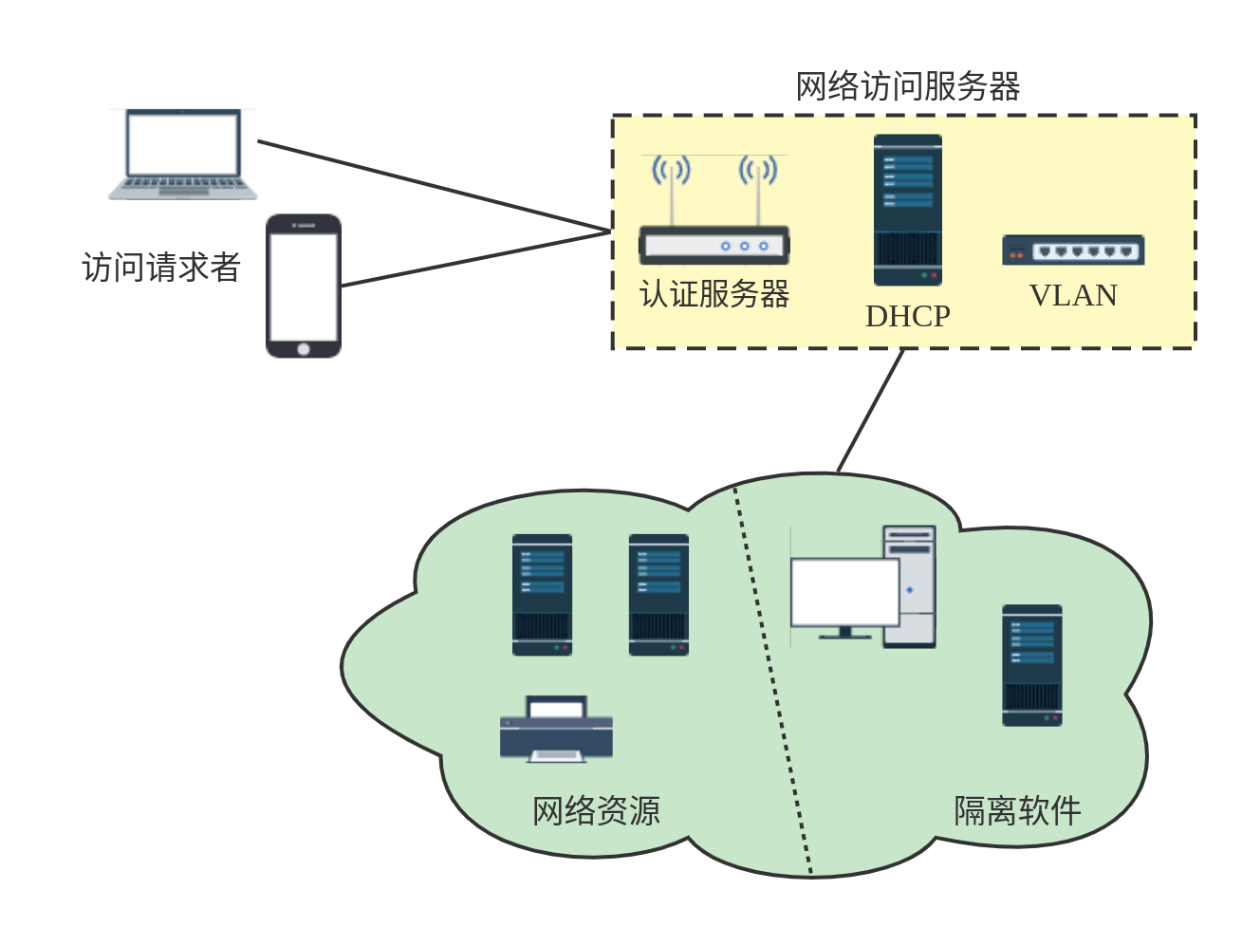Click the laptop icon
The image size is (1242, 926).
point(182,155)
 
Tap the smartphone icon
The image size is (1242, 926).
point(303,286)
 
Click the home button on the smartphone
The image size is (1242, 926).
point(304,349)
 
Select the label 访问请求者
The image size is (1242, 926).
point(161,268)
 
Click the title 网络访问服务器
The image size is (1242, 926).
point(907,86)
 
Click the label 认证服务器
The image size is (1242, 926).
point(714,294)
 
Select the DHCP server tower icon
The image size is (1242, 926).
point(908,210)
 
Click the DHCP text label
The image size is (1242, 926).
point(907,316)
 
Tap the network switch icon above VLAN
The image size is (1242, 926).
point(1073,250)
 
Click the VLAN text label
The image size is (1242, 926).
point(1073,296)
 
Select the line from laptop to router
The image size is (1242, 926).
point(432,186)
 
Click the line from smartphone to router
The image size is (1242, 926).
point(474,258)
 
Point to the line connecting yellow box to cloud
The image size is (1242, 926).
point(870,410)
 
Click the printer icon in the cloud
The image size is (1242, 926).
point(556,730)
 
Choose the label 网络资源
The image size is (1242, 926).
point(596,811)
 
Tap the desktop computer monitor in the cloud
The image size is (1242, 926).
point(844,594)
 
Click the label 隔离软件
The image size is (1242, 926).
point(1017,811)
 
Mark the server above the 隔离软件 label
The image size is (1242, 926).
point(1032,665)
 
